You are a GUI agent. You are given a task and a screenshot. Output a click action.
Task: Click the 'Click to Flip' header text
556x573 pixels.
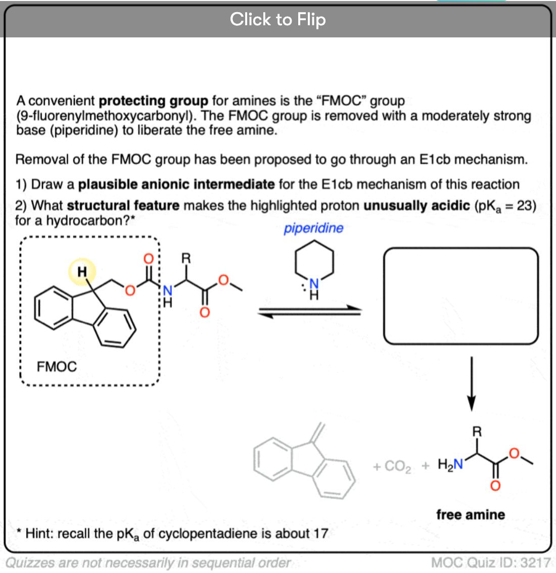[277, 20]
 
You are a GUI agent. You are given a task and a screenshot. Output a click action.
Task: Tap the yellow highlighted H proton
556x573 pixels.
[82, 271]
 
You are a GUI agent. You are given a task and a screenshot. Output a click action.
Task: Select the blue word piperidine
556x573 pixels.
[313, 228]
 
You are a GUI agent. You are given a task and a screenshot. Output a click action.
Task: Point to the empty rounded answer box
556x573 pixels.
[460, 296]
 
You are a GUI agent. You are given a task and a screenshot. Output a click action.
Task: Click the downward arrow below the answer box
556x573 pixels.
[471, 384]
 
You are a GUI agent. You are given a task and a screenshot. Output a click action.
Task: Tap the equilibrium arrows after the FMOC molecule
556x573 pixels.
[309, 312]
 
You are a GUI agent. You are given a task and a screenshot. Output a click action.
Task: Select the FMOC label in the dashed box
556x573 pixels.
[57, 366]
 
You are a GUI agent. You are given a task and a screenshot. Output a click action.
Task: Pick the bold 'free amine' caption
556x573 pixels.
[471, 514]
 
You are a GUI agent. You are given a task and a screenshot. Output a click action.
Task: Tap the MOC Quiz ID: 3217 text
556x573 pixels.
[490, 562]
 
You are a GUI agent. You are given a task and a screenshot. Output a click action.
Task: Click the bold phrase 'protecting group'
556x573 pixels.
[153, 101]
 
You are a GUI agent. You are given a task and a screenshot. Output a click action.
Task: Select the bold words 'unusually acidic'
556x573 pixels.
[416, 206]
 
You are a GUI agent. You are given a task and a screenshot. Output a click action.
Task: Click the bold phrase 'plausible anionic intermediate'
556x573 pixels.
[176, 184]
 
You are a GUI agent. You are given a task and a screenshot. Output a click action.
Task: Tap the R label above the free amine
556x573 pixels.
[477, 432]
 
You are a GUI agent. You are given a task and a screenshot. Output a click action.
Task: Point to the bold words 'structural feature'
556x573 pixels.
[123, 206]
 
